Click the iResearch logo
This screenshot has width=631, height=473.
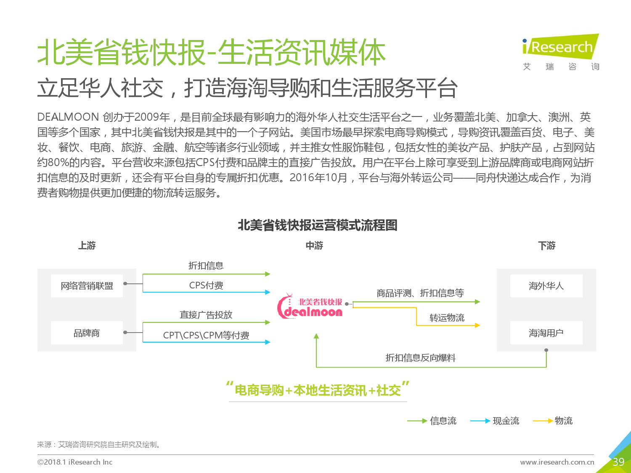(561, 52)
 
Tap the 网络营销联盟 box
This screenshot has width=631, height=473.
(87, 286)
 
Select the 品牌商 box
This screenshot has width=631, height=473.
(87, 333)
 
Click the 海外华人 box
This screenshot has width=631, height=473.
(546, 286)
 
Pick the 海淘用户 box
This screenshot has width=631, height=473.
(546, 333)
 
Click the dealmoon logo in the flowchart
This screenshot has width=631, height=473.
(310, 306)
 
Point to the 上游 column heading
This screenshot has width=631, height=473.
(87, 246)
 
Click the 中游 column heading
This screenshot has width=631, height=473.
(314, 246)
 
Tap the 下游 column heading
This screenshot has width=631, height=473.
(546, 246)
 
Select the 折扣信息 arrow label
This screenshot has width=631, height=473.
(206, 265)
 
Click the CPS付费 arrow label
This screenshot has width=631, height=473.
(206, 285)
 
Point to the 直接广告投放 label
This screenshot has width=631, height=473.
(206, 315)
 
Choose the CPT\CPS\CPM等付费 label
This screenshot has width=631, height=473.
(206, 335)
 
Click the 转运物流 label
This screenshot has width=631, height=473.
(447, 317)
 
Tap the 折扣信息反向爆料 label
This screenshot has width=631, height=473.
(421, 358)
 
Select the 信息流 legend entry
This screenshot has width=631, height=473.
(432, 421)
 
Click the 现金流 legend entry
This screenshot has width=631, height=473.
(495, 421)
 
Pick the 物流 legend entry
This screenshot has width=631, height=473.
(553, 421)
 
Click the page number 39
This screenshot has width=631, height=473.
(618, 462)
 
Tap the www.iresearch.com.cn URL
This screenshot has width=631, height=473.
(557, 462)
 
